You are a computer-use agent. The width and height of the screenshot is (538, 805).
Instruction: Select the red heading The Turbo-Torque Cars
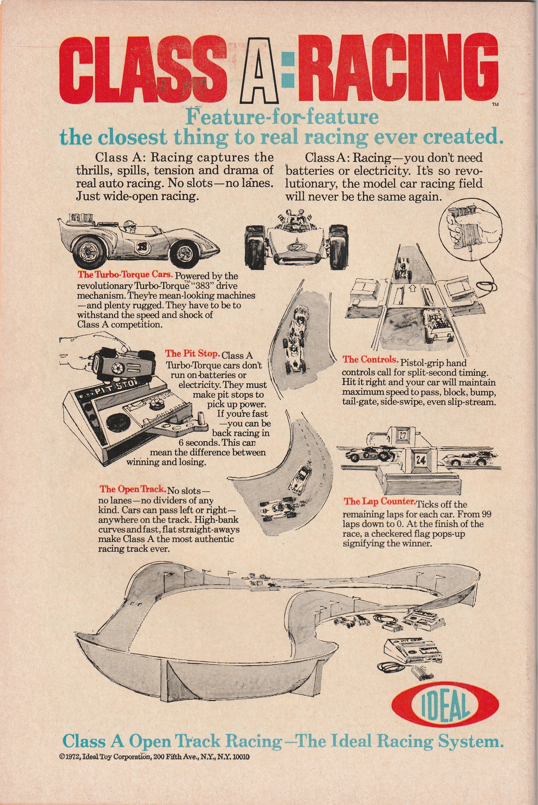click(125, 275)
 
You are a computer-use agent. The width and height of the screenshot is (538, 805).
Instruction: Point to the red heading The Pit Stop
click(192, 354)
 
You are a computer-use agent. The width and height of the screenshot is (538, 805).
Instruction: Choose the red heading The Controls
click(370, 360)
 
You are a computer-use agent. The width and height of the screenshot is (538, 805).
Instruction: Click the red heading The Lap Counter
click(379, 502)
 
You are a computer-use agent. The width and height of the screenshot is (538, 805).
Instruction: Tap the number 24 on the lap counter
click(421, 460)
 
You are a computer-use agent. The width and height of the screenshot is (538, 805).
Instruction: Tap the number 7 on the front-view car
click(293, 248)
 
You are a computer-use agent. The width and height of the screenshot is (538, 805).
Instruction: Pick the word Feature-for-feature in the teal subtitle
click(282, 117)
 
